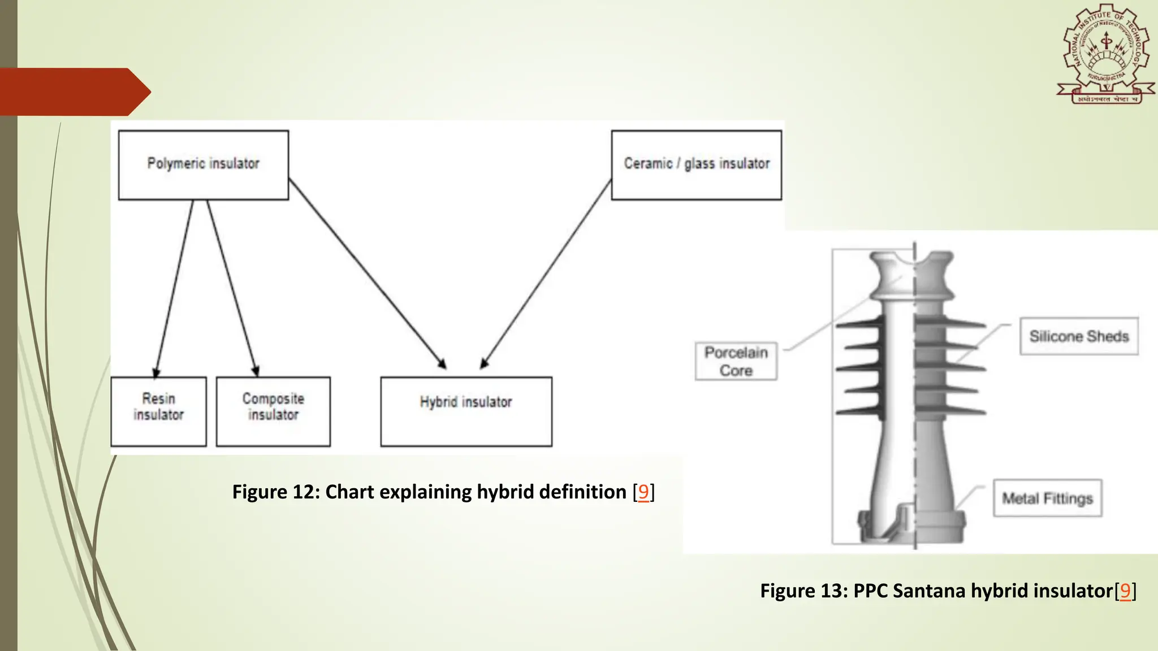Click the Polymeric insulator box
click(204, 165)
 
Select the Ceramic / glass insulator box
click(697, 165)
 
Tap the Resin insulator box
click(159, 411)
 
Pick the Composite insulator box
click(273, 411)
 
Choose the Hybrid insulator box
click(466, 411)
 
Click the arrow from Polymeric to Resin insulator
click(174, 288)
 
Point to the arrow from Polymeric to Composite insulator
click(232, 288)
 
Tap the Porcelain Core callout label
click(736, 361)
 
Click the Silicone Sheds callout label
click(1079, 336)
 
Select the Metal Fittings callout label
click(1047, 498)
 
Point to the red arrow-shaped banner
click(74, 92)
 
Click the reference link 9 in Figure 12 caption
click(643, 492)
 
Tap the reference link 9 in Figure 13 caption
click(1125, 591)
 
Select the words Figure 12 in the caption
click(271, 492)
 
